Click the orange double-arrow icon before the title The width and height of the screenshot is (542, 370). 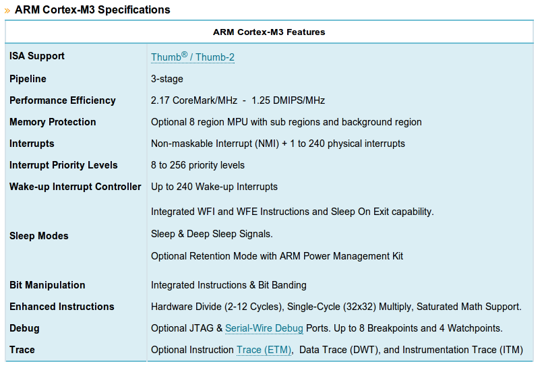point(7,11)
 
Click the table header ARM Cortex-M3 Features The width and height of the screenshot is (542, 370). point(269,32)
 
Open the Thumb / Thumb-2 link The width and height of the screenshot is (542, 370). point(193,57)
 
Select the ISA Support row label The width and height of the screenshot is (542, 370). point(37,56)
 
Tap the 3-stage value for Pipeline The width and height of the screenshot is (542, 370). point(167,79)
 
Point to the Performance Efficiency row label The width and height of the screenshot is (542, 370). point(63,100)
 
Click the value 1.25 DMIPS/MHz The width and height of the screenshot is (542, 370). point(289,100)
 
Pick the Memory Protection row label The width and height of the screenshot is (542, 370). point(53,122)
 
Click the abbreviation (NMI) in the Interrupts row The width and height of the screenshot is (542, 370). point(267,144)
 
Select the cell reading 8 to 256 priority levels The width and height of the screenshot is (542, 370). point(198,165)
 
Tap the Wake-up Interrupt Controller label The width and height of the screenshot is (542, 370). point(76,187)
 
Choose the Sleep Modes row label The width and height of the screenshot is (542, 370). point(39,236)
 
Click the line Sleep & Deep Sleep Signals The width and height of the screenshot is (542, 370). point(212,234)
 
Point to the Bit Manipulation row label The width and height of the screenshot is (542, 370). point(47,285)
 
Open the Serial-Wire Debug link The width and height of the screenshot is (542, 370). point(264,328)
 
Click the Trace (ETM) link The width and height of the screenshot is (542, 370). point(264,350)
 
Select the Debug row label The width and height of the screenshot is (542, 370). point(24,328)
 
